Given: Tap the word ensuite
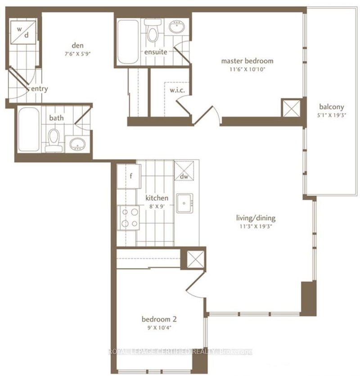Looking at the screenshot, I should pos(156,52).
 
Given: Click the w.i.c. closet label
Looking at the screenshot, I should pos(175,91).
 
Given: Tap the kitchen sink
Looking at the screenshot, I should pos(185,204).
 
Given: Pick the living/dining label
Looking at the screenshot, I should pos(256,218).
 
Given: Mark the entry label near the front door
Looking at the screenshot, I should pos(39,89).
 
